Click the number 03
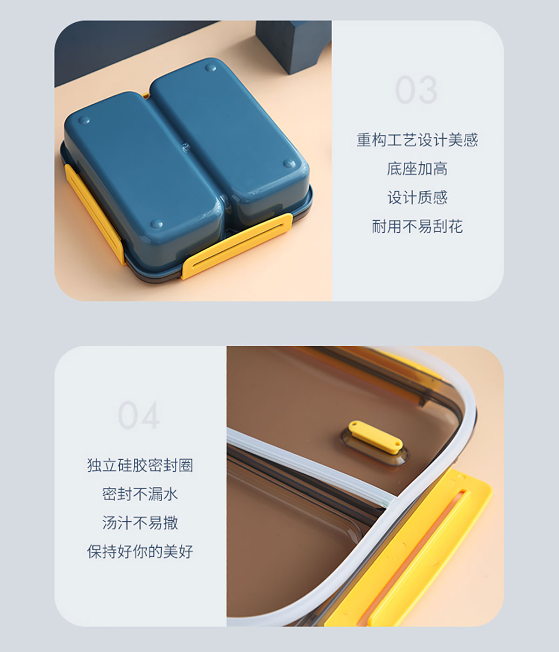point(416,90)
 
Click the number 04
point(139,415)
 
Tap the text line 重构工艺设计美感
point(417,140)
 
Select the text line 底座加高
point(417,169)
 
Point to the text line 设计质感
point(417,197)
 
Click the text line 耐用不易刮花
point(417,227)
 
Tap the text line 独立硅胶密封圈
point(140,465)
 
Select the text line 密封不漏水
point(140,494)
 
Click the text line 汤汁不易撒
point(140,523)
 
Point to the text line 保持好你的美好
point(140,551)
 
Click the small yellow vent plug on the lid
point(375,437)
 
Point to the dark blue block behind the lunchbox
point(292,46)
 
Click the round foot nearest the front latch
point(157,224)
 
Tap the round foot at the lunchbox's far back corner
point(211,68)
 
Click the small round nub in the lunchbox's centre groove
point(186,146)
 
